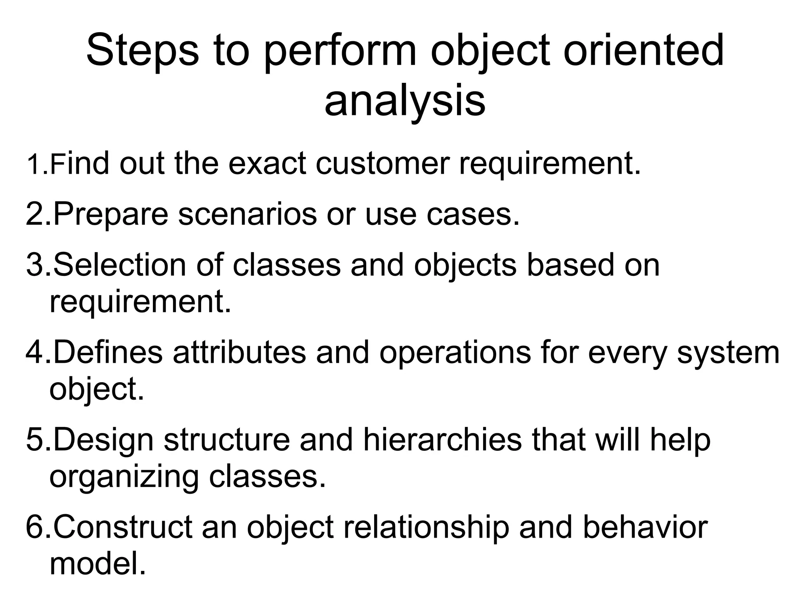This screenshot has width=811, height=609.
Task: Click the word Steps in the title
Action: pos(142,52)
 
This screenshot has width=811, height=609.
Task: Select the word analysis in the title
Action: pos(405,101)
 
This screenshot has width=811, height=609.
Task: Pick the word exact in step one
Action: pos(267,163)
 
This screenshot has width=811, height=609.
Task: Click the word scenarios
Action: pos(247,214)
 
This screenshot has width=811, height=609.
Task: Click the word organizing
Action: pos(124,477)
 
